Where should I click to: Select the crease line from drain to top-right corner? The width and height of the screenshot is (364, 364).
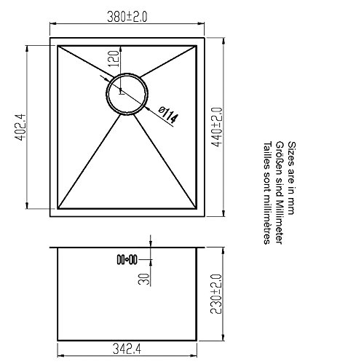tap(170, 63)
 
